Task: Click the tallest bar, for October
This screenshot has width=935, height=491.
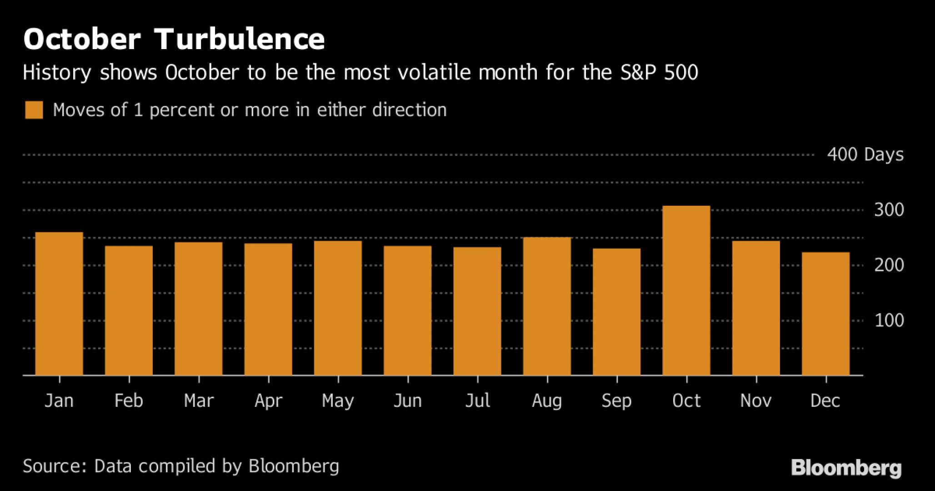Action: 686,291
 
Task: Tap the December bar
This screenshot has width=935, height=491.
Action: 825,314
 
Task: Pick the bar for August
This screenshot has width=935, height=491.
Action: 547,306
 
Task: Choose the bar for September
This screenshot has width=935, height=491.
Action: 616,312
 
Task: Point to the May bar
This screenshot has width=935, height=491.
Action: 338,308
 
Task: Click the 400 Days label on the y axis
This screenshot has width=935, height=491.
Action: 865,155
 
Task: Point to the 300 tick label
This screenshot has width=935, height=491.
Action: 889,210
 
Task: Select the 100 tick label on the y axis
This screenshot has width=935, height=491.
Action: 889,321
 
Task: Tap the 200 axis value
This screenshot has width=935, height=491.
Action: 889,265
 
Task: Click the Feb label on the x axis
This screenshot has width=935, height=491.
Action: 129,401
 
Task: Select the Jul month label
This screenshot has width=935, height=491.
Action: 477,401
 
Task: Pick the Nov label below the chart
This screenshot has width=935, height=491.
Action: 755,401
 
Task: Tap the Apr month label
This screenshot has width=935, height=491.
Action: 268,401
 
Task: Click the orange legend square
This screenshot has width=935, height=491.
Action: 34,110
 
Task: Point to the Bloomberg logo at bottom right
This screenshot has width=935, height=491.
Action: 846,468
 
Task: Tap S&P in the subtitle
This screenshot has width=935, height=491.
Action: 638,73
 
